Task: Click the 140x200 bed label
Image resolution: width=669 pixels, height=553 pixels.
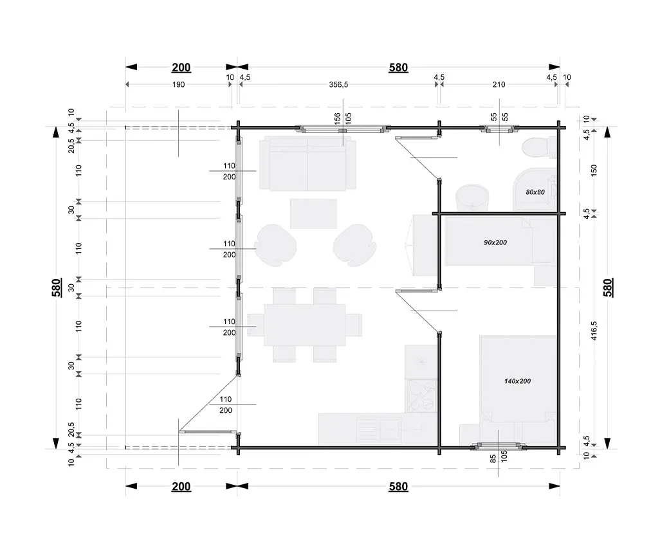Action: tap(517, 381)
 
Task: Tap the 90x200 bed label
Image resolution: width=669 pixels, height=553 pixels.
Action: tap(495, 242)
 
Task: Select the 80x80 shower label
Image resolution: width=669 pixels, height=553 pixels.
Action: tap(535, 192)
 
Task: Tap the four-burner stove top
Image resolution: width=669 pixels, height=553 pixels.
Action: tap(421, 396)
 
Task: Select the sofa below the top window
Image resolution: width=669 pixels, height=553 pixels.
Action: tap(307, 163)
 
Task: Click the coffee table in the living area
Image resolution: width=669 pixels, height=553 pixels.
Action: tap(314, 213)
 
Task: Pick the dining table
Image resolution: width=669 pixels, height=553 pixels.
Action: tap(305, 325)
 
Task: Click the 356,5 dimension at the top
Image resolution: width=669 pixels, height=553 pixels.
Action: tap(338, 84)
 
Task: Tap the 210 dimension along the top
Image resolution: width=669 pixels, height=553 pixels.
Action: tap(499, 84)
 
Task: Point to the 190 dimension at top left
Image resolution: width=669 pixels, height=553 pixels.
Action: tap(178, 84)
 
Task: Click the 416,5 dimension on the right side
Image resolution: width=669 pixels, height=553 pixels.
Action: tap(594, 331)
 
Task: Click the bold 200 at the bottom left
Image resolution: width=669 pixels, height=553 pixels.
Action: tap(181, 487)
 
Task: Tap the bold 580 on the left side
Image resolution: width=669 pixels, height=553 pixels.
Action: tap(57, 287)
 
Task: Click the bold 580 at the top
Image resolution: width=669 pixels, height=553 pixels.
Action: tap(398, 68)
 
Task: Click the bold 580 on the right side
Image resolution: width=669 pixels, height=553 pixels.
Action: tap(608, 287)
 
